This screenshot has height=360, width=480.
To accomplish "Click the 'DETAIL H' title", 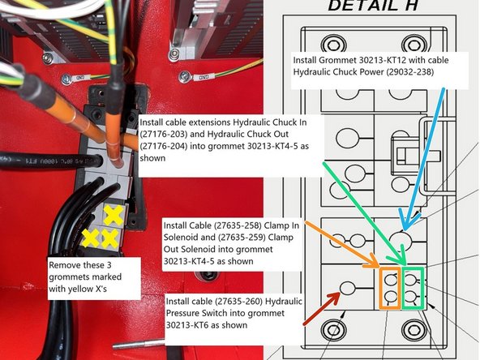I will (x=372, y=7).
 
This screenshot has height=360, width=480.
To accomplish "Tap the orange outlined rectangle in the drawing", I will (x=391, y=287).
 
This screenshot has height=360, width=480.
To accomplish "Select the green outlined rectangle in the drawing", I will (x=413, y=286).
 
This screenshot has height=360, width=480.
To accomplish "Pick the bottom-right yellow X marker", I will (x=112, y=238).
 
